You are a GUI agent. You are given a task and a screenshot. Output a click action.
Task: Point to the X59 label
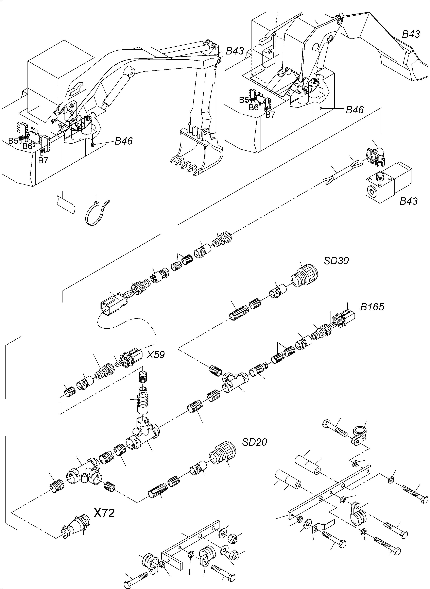[x=155, y=355]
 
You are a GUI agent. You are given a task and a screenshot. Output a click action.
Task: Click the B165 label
[x=372, y=307]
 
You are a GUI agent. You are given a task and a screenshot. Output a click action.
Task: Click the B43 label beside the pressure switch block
[x=408, y=201]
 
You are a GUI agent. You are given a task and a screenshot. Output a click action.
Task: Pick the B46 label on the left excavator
[x=124, y=141]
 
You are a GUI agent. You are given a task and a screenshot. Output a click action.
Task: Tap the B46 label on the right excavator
[x=355, y=110]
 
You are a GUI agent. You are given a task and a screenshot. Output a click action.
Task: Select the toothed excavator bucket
[x=198, y=154]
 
